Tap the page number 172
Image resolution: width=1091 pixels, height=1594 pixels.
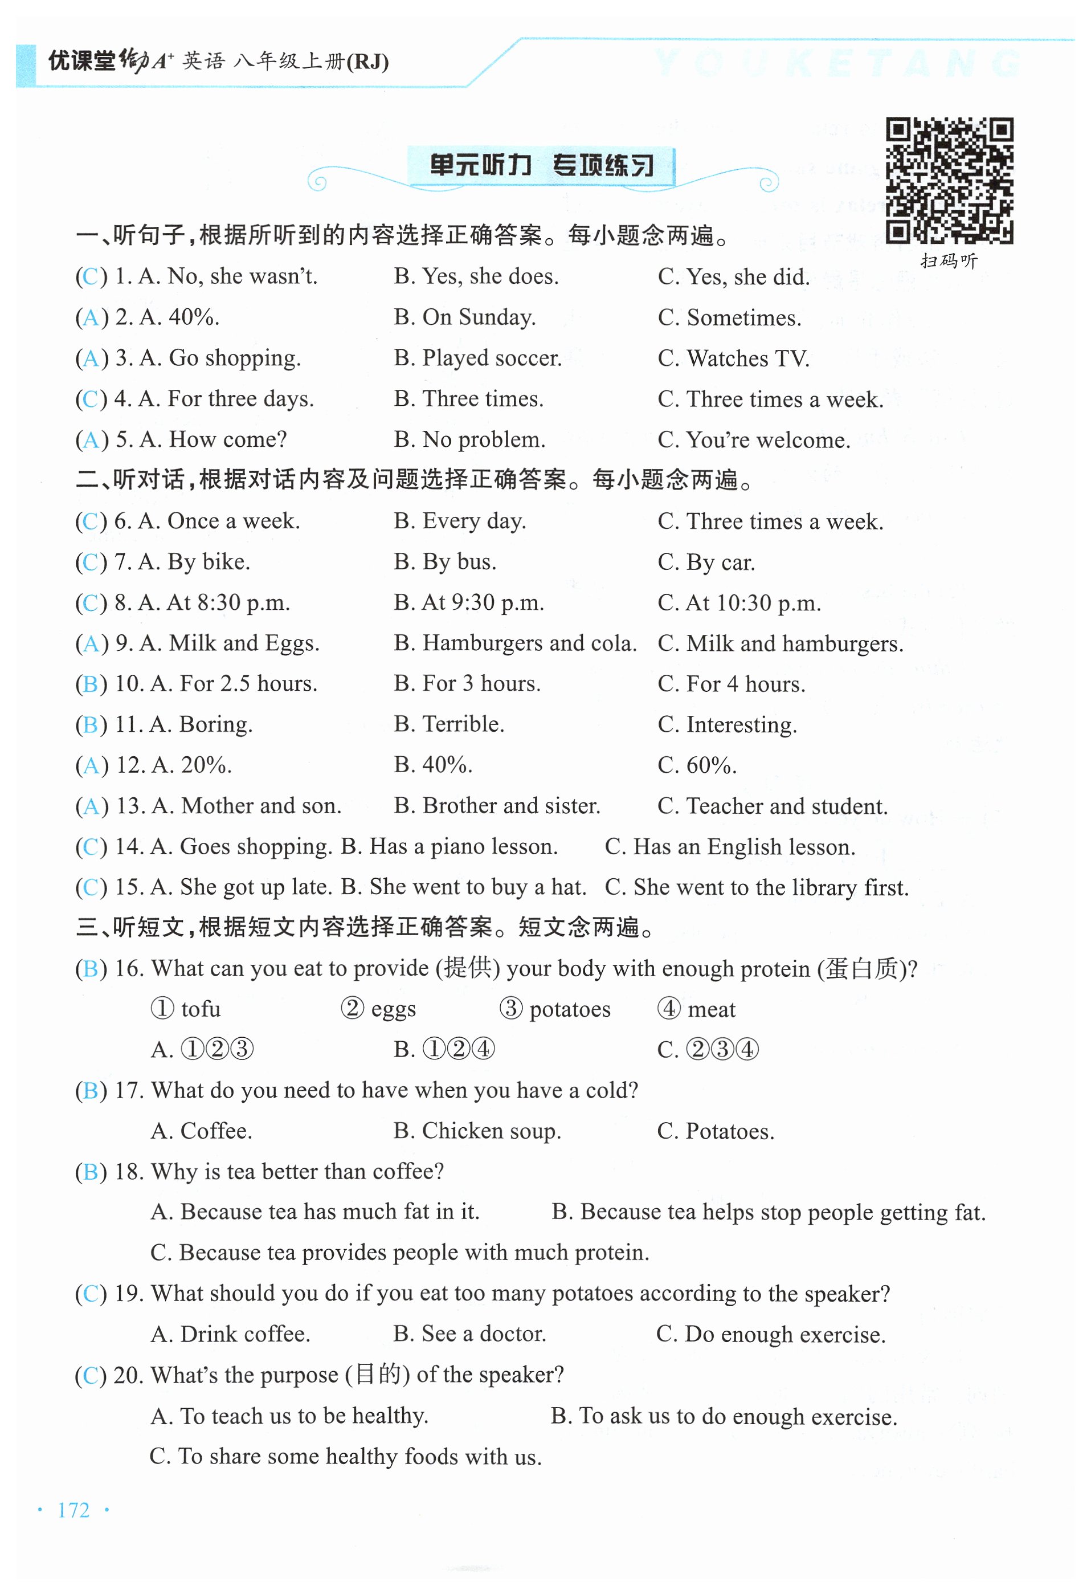tap(73, 1510)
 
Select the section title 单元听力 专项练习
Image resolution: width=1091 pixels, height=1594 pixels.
tap(541, 165)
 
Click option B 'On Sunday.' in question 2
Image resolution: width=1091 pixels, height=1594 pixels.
tap(479, 317)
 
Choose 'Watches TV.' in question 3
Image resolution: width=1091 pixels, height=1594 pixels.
tap(747, 358)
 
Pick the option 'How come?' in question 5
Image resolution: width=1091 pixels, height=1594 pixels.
tap(228, 439)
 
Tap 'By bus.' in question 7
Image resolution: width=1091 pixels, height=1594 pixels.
tap(459, 562)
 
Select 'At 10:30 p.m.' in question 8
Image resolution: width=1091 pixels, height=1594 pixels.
tap(753, 603)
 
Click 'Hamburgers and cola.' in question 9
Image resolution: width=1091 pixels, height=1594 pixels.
tap(529, 643)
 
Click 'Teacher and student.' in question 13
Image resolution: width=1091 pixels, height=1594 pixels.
tap(787, 806)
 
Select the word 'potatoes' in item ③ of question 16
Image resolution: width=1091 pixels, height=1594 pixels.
tap(569, 1009)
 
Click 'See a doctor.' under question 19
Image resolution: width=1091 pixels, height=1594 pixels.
tap(484, 1334)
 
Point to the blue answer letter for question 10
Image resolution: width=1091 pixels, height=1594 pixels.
tap(91, 684)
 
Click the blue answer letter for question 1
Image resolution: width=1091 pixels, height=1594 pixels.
tap(91, 276)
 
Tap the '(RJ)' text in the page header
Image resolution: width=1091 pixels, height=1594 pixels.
tap(367, 63)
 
